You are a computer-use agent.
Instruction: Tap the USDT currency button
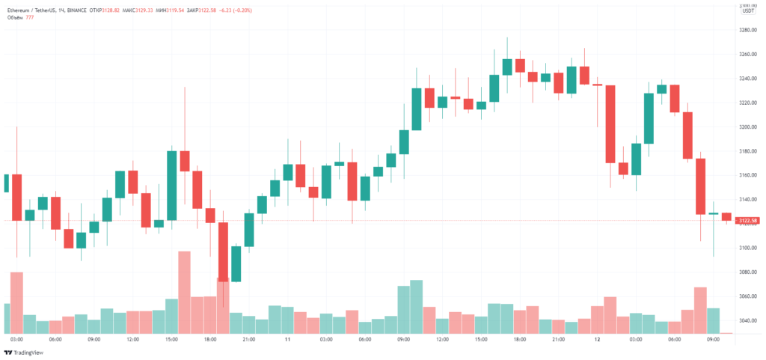[747, 10]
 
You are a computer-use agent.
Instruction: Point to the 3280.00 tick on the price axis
[747, 30]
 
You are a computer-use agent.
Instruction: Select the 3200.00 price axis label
[747, 127]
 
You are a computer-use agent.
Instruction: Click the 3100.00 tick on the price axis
[747, 248]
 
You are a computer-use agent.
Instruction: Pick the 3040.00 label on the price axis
[747, 320]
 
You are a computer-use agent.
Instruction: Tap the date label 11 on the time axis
[287, 339]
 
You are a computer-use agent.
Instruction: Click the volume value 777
[30, 17]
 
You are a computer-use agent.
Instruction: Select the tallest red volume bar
[184, 292]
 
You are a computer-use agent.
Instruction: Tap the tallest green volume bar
[417, 307]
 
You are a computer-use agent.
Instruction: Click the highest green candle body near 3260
[507, 67]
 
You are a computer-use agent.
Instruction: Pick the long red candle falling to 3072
[223, 251]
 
